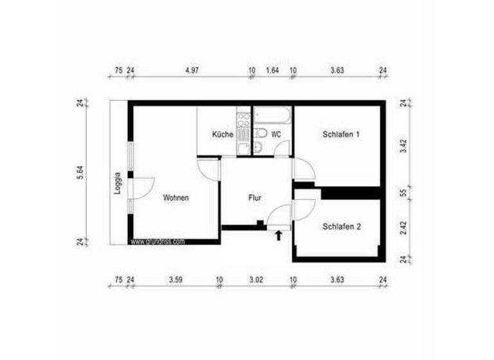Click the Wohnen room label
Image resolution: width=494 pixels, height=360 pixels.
tap(176, 198)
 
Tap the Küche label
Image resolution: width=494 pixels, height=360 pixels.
tap(222, 135)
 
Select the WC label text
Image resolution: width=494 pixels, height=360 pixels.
tap(276, 135)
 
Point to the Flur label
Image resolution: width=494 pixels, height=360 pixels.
tap(255, 198)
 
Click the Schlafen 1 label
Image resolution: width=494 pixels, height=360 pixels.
tap(341, 135)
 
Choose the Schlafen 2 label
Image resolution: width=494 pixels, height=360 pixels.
tap(342, 226)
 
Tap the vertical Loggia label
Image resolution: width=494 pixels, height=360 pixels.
tap(118, 183)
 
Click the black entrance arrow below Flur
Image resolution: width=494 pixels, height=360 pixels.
tap(278, 235)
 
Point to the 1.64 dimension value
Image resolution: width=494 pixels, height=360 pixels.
tap(272, 71)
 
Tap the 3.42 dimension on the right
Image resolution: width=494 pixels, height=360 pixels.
tap(403, 145)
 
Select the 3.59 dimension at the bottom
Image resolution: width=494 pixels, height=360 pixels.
tap(176, 280)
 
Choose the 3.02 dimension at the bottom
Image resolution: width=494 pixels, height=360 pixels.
tap(255, 280)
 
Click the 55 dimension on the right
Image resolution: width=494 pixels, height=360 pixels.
tap(403, 192)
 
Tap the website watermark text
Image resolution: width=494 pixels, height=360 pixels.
tap(158, 242)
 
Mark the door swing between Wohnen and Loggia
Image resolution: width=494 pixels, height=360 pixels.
tap(143, 184)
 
